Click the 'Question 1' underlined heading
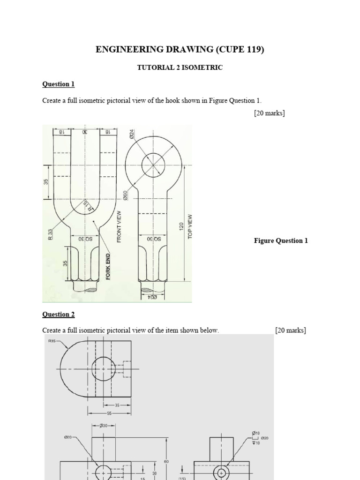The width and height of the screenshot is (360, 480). tap(58, 84)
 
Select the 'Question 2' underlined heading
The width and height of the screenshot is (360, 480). tap(58, 314)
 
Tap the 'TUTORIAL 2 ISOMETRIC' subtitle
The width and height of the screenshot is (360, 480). tap(180, 67)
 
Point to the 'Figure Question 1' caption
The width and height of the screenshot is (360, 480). tap(281, 240)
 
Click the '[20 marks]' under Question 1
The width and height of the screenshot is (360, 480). tap(269, 113)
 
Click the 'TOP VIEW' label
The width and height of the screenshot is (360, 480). tap(190, 226)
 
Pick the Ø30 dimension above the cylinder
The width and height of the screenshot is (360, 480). tap(104, 425)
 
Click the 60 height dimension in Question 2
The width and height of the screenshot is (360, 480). tap(166, 449)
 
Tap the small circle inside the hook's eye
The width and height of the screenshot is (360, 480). tap(153, 165)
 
